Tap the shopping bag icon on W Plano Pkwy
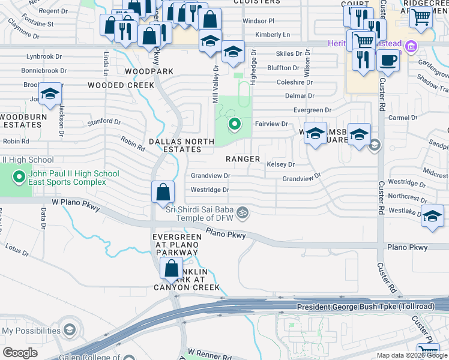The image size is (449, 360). point(163,193)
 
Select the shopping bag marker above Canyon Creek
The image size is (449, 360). point(172,269)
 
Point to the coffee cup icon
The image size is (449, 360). point(388,62)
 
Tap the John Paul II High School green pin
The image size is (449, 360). point(19,178)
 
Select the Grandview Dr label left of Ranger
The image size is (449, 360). point(210,176)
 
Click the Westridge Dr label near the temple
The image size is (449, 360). point(209,190)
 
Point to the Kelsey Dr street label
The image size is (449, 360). point(282,164)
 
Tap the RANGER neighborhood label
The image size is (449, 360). point(243,159)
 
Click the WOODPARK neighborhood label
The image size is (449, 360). point(149,71)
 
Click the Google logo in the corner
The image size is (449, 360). point(20,353)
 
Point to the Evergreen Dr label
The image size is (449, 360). point(312,110)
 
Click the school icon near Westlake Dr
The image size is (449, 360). point(432,218)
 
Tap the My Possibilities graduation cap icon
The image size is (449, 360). point(70,331)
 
